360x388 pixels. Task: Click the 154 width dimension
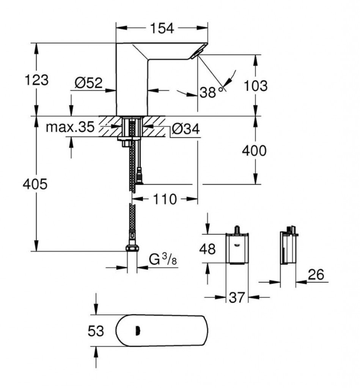(162, 28)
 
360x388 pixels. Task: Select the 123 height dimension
(37, 80)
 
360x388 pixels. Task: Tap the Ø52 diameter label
(88, 83)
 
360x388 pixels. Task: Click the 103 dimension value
(256, 86)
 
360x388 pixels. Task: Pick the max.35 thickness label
(70, 127)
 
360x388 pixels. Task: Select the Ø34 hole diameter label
(186, 129)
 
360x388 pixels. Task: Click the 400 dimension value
(255, 150)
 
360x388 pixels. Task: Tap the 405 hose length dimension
(35, 184)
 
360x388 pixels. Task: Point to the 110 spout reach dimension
(165, 199)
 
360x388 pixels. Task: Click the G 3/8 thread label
(163, 260)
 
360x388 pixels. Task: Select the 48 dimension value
(208, 249)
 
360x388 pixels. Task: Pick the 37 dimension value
(237, 297)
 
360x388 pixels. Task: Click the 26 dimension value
(316, 274)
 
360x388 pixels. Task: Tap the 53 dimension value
(96, 331)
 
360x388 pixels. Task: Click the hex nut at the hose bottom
(132, 248)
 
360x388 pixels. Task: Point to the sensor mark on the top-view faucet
(137, 330)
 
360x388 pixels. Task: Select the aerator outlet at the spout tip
(197, 53)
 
